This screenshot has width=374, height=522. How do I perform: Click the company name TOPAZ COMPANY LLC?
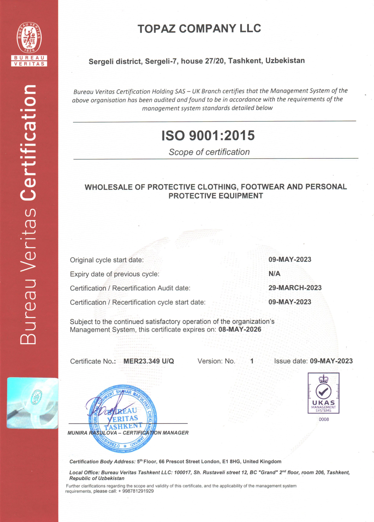pos(199,29)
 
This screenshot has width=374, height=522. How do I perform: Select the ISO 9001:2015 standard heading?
pos(208,135)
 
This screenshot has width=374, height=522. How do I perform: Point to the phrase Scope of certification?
pos(209,152)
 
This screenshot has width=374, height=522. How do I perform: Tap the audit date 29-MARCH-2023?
pos(295,288)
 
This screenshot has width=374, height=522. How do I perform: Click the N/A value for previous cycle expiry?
pos(274,274)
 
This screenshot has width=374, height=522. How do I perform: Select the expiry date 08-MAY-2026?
pos(240,329)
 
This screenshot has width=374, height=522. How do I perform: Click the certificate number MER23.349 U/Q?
pos(148,361)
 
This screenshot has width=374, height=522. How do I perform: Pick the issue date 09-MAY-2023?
pos(331,361)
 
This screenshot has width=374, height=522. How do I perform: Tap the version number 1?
pos(252,361)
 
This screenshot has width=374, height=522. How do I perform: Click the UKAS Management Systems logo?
pos(323,393)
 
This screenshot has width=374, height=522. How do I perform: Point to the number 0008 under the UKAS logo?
pos(324,419)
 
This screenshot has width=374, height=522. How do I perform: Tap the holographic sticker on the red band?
pos(32,403)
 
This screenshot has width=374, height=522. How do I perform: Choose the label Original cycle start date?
pos(107,260)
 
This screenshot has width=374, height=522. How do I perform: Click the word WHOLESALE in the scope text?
pos(109,187)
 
